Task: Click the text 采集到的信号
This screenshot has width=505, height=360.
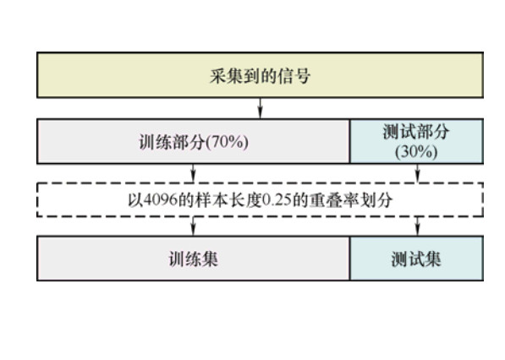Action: pyautogui.click(x=261, y=76)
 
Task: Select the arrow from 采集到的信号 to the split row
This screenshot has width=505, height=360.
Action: pyautogui.click(x=261, y=108)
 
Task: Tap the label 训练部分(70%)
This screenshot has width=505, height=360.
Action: pyautogui.click(x=194, y=142)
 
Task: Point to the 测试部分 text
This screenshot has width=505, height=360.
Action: pyautogui.click(x=416, y=132)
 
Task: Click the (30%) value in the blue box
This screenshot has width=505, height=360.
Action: pyautogui.click(x=416, y=151)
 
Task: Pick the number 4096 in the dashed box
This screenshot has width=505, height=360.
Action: pyautogui.click(x=160, y=200)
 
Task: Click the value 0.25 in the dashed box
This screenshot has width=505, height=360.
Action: pyautogui.click(x=277, y=200)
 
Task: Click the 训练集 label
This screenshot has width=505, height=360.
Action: pyautogui.click(x=194, y=259)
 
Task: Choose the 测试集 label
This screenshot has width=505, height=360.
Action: pyautogui.click(x=416, y=259)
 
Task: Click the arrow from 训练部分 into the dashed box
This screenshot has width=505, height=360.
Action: pyautogui.click(x=193, y=173)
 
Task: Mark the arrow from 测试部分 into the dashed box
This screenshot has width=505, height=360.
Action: pyautogui.click(x=417, y=173)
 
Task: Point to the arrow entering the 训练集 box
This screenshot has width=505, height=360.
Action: pyautogui.click(x=193, y=226)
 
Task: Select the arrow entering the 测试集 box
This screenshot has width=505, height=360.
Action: pyautogui.click(x=417, y=226)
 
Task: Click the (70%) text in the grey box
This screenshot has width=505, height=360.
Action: pyautogui.click(x=227, y=142)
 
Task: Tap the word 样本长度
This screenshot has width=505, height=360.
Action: pyautogui.click(x=228, y=200)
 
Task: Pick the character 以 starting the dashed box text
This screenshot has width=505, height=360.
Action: pyautogui.click(x=135, y=200)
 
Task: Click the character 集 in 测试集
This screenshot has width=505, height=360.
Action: pyautogui.click(x=433, y=259)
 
